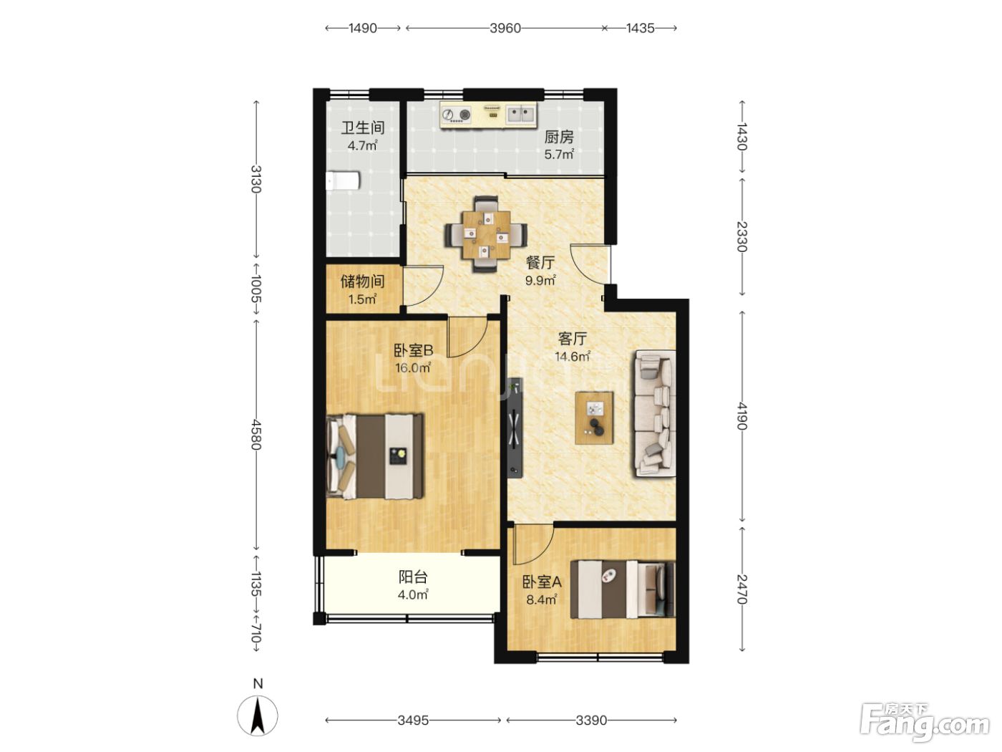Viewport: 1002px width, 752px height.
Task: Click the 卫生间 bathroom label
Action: pos(363,127)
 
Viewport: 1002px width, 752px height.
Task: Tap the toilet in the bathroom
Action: pos(342,180)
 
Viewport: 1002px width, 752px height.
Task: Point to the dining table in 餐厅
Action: pos(486,233)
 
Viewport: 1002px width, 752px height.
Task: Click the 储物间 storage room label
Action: pos(362,281)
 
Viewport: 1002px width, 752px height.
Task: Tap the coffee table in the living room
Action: pos(594,418)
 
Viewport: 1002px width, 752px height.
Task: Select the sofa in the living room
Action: pos(653,414)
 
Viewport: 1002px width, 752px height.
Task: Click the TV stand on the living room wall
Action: pos(515,428)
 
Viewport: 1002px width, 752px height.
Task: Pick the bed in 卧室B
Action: pos(375,456)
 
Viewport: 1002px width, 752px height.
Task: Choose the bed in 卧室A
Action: pos(623,589)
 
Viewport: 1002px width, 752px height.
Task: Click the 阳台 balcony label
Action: pos(413,577)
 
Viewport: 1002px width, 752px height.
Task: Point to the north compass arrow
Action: pos(258,715)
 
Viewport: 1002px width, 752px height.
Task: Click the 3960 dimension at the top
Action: pos(505,29)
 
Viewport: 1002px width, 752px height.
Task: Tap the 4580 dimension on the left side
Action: pos(256,434)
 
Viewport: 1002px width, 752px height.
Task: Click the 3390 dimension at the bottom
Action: pos(591,720)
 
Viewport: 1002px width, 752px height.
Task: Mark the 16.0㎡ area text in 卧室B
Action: pos(413,367)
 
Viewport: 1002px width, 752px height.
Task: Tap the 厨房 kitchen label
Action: pos(559,137)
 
